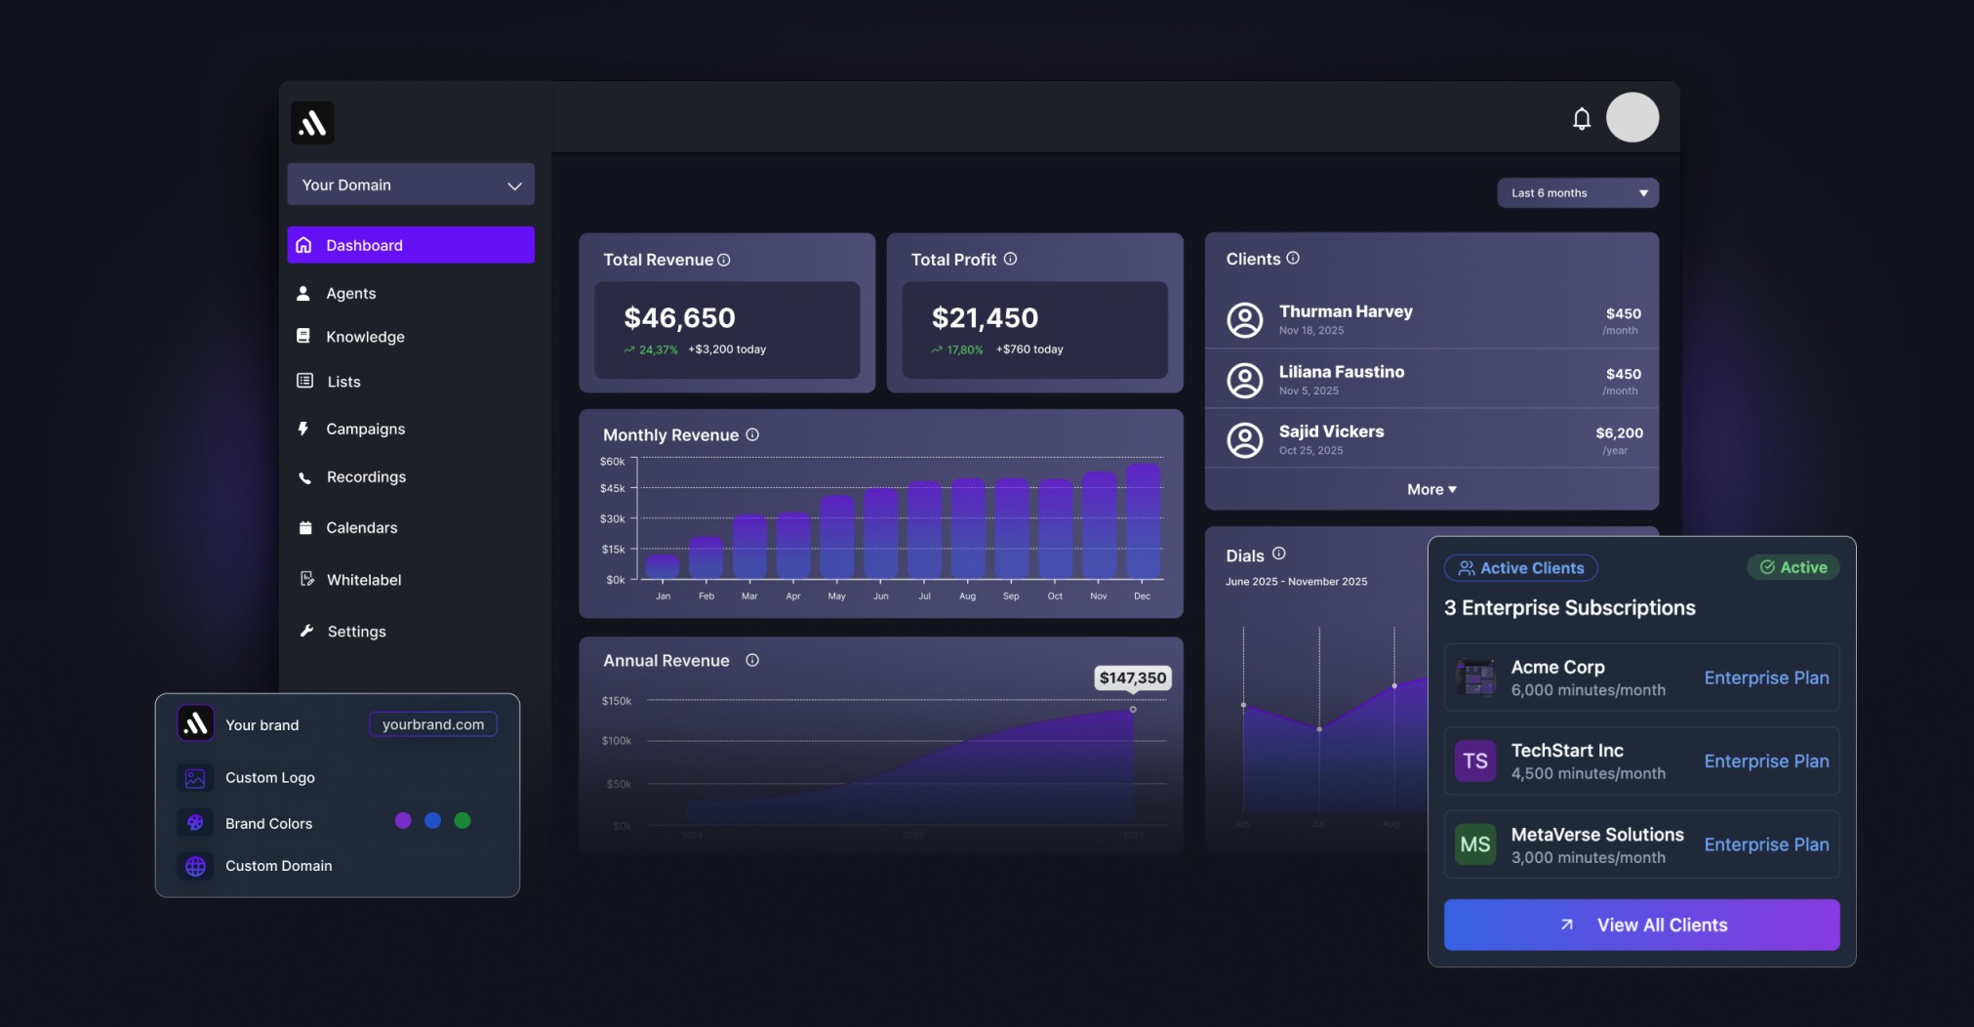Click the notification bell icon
pos(1582,118)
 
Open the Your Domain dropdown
pos(411,185)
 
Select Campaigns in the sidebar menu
pos(365,429)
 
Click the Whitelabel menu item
pos(363,580)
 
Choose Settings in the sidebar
pos(356,632)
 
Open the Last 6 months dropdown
pos(1577,193)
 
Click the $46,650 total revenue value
pos(679,318)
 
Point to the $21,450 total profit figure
pos(985,318)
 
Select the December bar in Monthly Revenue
pos(1143,521)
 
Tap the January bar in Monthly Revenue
pos(663,566)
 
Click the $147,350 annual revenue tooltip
pos(1132,678)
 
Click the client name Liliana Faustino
pos(1342,372)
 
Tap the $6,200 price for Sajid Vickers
pos(1619,433)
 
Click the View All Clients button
pos(1641,924)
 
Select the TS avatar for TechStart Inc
pos(1475,761)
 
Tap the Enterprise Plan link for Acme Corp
pos(1766,678)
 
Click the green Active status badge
pos(1793,567)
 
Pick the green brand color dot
pos(463,821)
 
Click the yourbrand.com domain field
pos(433,724)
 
